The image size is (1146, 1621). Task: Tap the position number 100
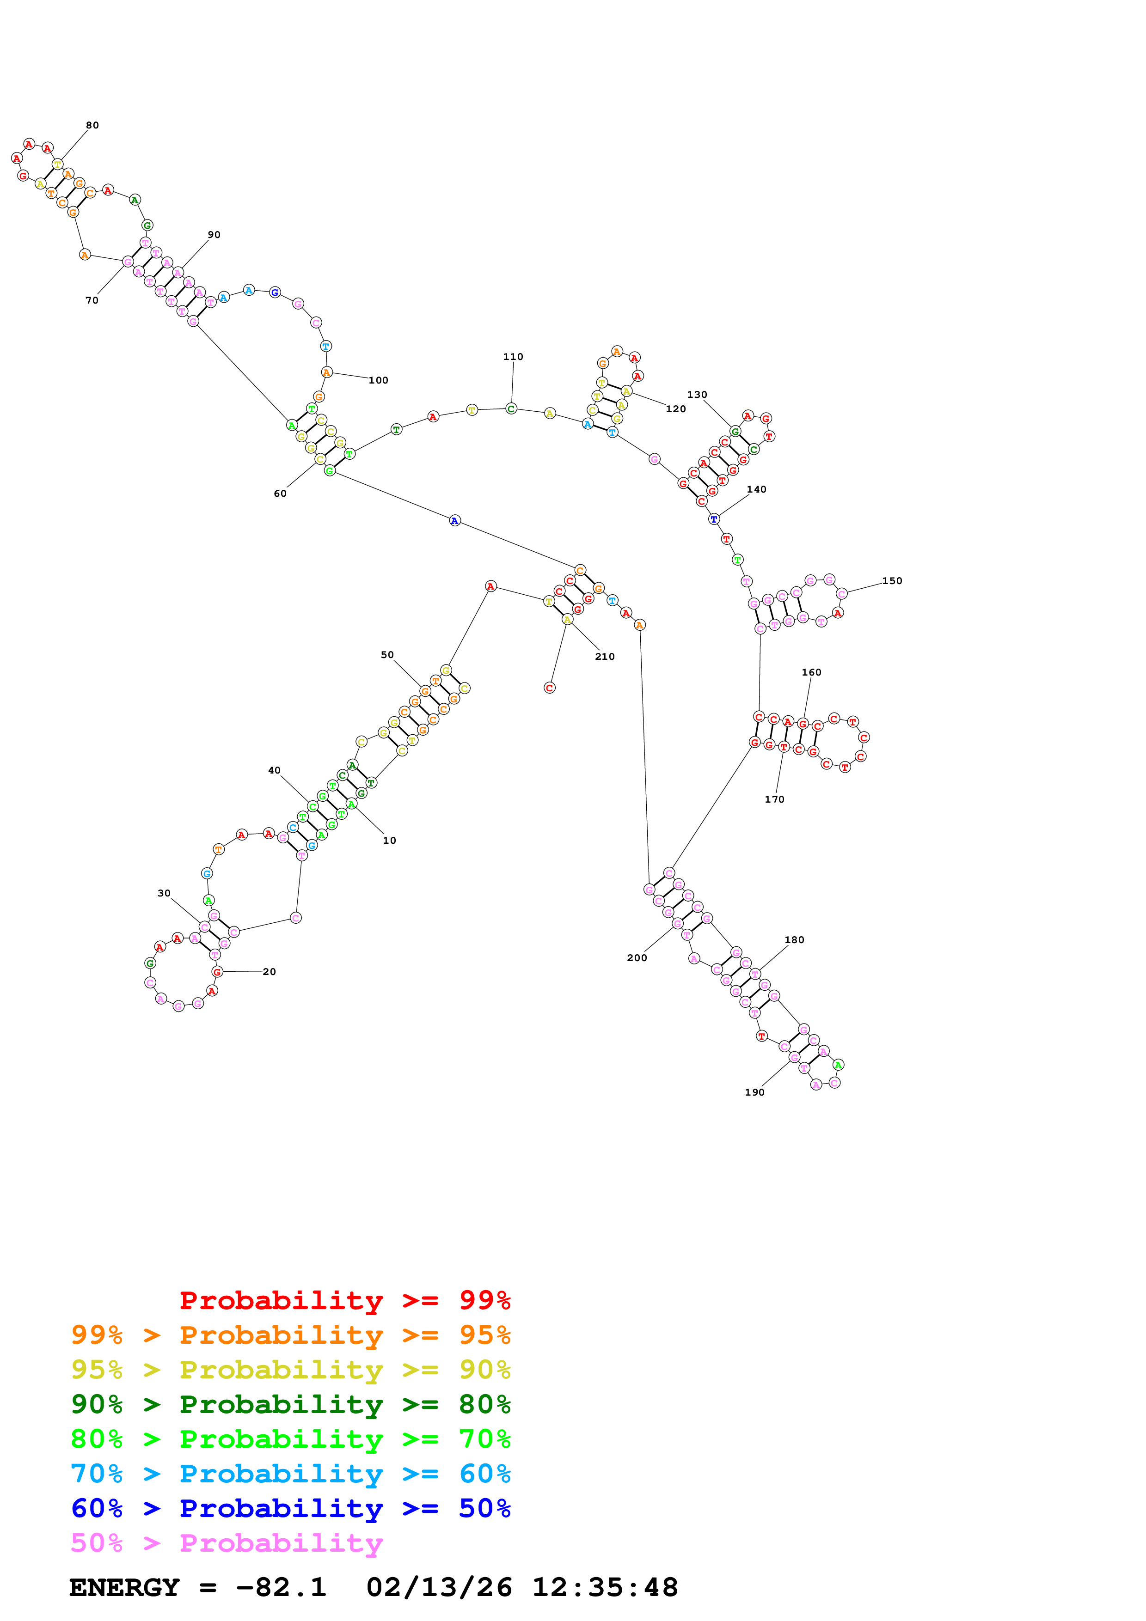click(379, 381)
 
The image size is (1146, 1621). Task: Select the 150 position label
click(892, 581)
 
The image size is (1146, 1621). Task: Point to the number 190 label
click(754, 1092)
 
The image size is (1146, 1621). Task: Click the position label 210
click(604, 657)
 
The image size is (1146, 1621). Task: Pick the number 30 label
click(164, 893)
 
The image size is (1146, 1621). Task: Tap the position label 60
click(280, 494)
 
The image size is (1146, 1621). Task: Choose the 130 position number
click(697, 395)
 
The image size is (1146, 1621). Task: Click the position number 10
click(389, 840)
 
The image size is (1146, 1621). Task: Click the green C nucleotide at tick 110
click(511, 409)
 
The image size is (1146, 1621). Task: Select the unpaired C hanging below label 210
click(549, 688)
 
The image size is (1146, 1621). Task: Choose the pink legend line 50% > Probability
click(227, 1543)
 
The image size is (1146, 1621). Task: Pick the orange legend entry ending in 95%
click(291, 1335)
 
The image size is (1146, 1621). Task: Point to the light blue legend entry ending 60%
click(291, 1474)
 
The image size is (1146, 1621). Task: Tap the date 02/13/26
click(439, 1588)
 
